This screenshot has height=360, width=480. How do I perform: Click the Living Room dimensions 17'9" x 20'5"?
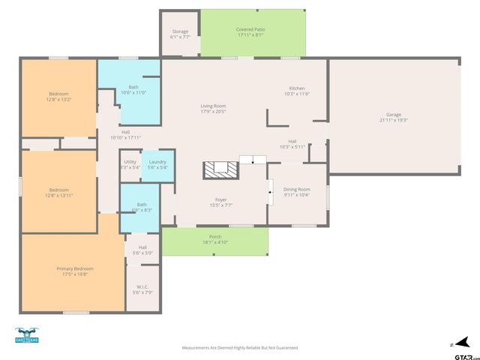(x=213, y=112)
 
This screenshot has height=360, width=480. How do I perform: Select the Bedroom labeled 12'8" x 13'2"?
(x=58, y=96)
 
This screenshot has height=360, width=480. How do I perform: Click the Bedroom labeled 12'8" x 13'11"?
(x=58, y=192)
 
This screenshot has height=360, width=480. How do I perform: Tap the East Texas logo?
(x=26, y=335)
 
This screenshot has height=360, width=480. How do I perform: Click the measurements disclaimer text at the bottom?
(x=240, y=348)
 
